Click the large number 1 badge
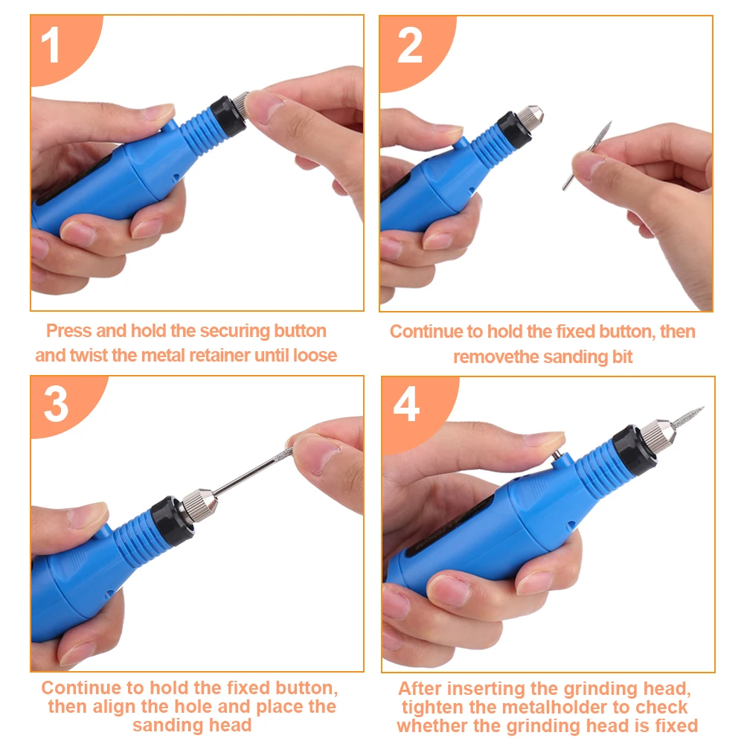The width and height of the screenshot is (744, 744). point(51,45)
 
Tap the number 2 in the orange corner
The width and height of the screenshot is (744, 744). point(409,45)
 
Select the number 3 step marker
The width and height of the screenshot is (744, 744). point(57,404)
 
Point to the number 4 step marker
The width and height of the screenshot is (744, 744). point(406,404)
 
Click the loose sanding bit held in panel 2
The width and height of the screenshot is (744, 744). point(587,155)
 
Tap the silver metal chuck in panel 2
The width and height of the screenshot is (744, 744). point(530,118)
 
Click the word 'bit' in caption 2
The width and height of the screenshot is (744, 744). point(623,357)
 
